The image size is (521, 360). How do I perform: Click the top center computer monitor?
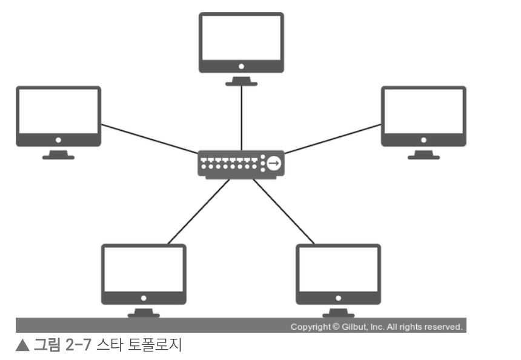pyautogui.click(x=241, y=42)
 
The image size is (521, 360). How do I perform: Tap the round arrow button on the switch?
pyautogui.click(x=274, y=163)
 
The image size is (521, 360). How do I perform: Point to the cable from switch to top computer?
pyautogui.click(x=241, y=118)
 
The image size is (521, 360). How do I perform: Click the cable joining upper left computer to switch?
pyautogui.click(x=149, y=138)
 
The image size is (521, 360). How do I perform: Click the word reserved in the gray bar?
pyautogui.click(x=444, y=327)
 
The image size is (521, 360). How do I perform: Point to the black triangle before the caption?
pyautogui.click(x=22, y=346)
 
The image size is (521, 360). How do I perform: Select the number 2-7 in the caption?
pyautogui.click(x=77, y=346)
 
